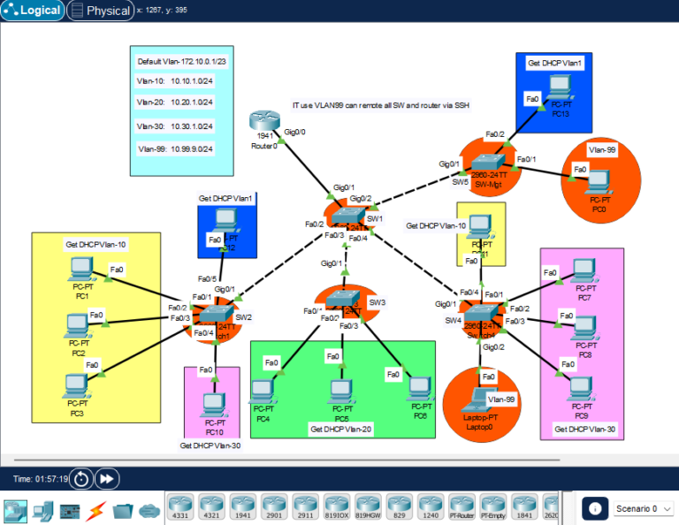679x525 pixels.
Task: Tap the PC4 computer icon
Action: (x=262, y=390)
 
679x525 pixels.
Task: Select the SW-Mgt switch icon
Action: (x=488, y=163)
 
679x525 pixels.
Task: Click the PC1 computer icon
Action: (x=80, y=268)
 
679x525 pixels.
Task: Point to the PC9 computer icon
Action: (x=580, y=388)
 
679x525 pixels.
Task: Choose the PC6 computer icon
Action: (x=420, y=389)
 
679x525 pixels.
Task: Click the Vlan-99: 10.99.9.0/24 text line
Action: (x=175, y=149)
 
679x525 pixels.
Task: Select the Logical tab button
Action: (x=34, y=11)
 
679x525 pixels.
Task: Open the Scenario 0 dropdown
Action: (x=643, y=508)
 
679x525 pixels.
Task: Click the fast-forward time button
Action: (x=107, y=478)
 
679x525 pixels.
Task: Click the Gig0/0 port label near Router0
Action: (x=294, y=132)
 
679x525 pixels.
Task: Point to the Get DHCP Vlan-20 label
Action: (x=341, y=429)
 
